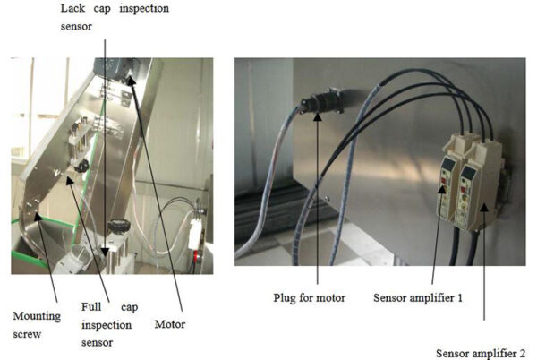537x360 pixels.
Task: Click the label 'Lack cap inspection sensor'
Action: [114, 16]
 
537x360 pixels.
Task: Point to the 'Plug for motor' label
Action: [312, 296]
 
